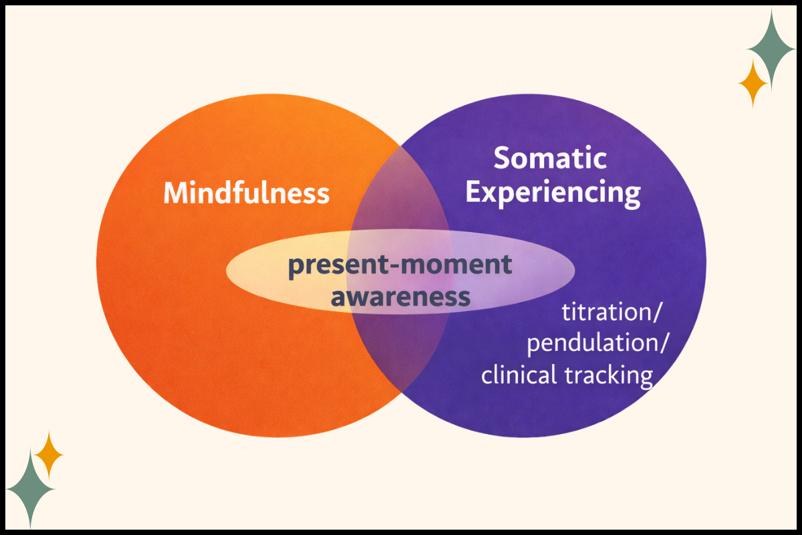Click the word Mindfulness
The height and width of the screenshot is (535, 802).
(x=247, y=193)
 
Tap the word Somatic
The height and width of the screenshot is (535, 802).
(x=549, y=159)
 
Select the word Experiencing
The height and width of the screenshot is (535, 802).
(x=553, y=193)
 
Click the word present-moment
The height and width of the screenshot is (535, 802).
(x=400, y=266)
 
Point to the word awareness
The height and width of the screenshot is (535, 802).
(x=400, y=297)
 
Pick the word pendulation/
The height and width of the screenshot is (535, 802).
(x=597, y=344)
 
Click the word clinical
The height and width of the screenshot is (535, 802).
(x=519, y=375)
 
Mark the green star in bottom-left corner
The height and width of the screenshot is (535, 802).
(x=31, y=488)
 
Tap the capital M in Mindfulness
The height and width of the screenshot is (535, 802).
(x=176, y=193)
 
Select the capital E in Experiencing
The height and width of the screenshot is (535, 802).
(x=475, y=192)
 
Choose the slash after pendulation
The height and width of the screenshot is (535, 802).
(x=664, y=344)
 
